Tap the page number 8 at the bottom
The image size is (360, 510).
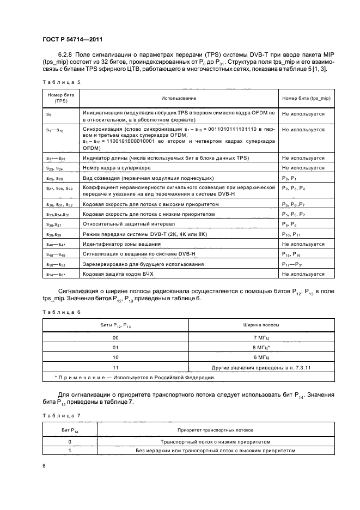[44, 466]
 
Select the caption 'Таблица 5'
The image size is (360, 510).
[61, 82]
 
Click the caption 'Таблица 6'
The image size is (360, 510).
[61, 313]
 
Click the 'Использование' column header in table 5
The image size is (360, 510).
[179, 98]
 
